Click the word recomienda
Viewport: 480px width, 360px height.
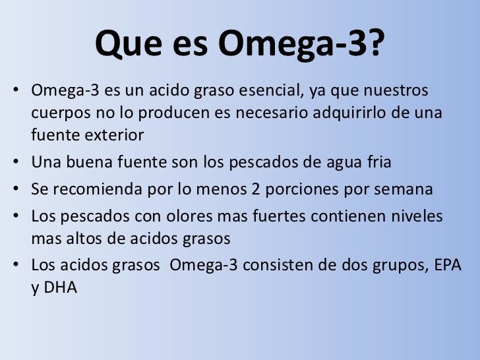point(97,190)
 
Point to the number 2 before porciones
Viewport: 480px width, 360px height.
point(258,190)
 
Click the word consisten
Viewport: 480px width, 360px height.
point(290,266)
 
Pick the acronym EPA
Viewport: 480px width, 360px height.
point(447,266)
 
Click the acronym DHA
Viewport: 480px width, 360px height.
point(62,289)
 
